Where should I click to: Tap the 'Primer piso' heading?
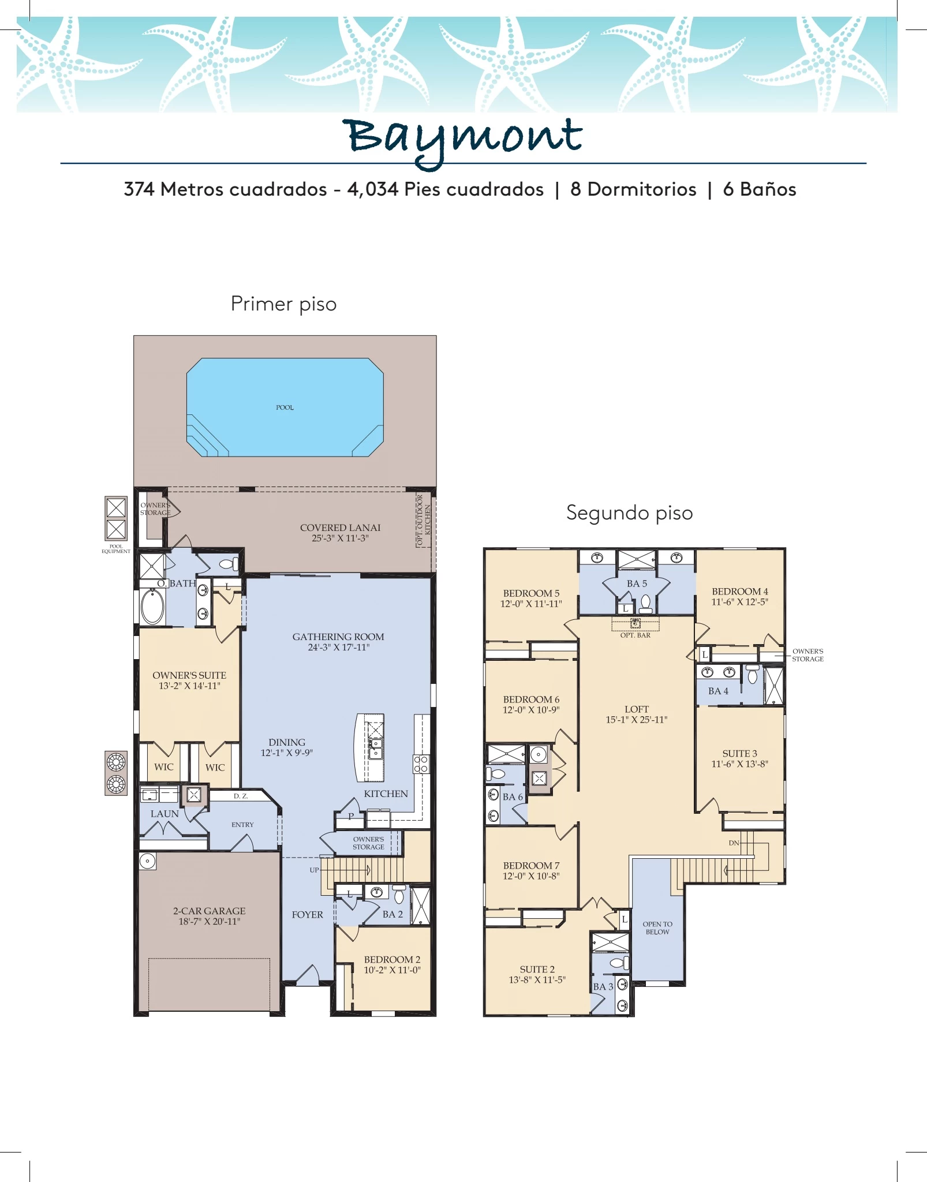click(x=283, y=304)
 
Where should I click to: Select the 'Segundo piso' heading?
click(x=629, y=513)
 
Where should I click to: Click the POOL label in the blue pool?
click(x=285, y=407)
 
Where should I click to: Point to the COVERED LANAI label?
click(x=340, y=528)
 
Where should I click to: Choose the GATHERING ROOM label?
click(x=338, y=637)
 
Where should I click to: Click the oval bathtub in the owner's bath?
click(x=153, y=607)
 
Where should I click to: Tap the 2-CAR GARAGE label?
click(x=210, y=911)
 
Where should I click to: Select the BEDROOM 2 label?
click(x=392, y=959)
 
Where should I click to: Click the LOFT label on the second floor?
click(x=637, y=709)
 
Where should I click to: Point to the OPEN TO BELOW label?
click(x=657, y=928)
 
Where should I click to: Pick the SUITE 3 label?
click(x=739, y=753)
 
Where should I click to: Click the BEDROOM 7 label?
click(x=531, y=865)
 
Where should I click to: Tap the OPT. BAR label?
click(x=636, y=635)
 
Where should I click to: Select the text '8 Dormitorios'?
click(x=633, y=189)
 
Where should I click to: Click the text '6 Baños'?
click(x=760, y=189)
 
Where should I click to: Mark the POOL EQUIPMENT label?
click(x=116, y=548)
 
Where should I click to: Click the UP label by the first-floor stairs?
click(x=314, y=870)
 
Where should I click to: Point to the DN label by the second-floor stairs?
click(x=734, y=843)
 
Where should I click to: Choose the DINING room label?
click(x=287, y=742)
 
